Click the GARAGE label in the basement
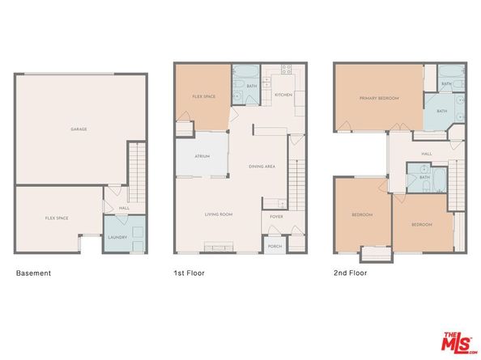79,129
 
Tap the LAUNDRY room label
118,237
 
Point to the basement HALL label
124,209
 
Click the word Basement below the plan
33,273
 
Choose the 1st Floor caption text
189,273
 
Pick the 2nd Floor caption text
350,273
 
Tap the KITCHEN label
283,95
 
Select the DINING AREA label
262,166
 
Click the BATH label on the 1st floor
252,86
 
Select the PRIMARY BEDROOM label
380,98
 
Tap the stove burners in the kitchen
286,70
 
